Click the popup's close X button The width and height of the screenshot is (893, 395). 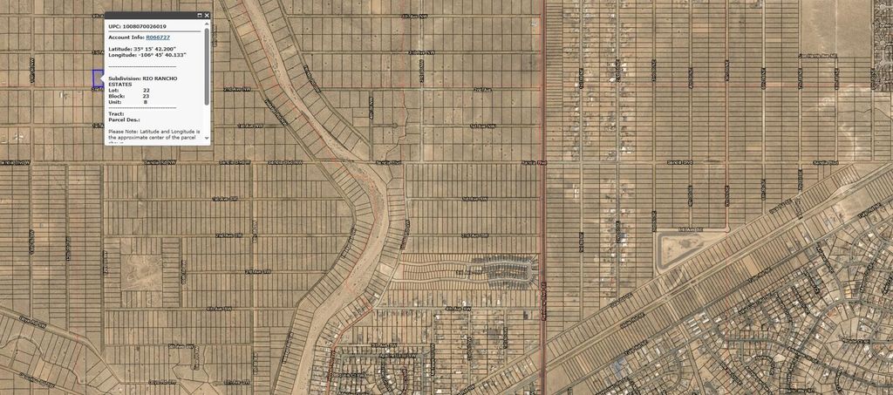click(x=207, y=15)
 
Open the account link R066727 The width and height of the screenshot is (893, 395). click(x=159, y=37)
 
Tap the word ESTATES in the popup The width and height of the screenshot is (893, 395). click(x=120, y=85)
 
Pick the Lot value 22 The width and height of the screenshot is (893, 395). click(x=147, y=90)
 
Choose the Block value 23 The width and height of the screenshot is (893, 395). click(x=147, y=96)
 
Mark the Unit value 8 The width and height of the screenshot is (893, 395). click(x=145, y=102)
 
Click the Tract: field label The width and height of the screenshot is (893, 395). click(x=117, y=113)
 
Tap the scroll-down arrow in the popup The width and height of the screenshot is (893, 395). click(x=207, y=140)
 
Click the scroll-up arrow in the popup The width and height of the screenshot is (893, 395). click(x=207, y=24)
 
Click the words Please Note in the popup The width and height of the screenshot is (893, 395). click(x=125, y=131)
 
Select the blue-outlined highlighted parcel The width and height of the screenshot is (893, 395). click(x=98, y=78)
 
